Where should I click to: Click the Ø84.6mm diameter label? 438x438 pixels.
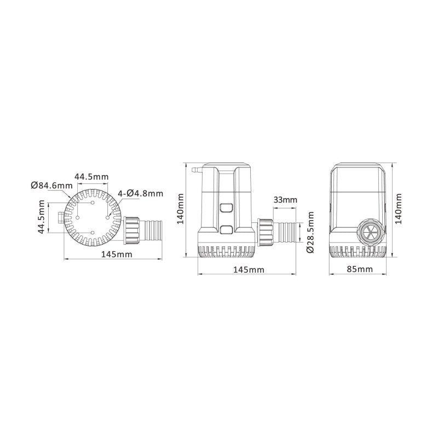pos(52,186)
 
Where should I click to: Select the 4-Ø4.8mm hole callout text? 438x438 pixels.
pos(141,193)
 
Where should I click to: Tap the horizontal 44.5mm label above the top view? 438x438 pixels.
pos(91,177)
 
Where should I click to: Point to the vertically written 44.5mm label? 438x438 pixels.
pos(41,217)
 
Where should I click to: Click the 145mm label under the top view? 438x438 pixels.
pos(114,254)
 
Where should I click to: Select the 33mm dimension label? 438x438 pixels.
pos(285,200)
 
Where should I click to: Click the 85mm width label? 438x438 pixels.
pos(360,269)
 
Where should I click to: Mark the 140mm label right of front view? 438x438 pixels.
pos(399,208)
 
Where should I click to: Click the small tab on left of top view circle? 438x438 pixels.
pos(59,217)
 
